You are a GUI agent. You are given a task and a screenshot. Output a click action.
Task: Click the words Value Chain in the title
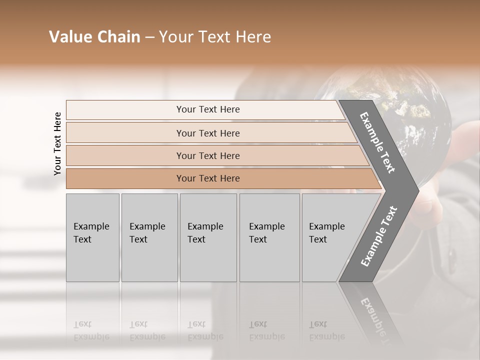(x=94, y=37)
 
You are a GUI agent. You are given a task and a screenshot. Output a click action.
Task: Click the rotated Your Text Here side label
(x=57, y=143)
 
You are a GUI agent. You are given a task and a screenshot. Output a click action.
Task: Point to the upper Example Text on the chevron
(x=377, y=143)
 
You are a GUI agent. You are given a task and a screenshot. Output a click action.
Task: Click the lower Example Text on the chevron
(x=379, y=236)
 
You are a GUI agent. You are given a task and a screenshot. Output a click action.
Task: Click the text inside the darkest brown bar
(x=208, y=178)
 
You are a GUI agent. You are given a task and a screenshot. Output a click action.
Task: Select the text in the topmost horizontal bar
(x=208, y=109)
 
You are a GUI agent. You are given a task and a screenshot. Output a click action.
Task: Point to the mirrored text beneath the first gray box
(x=91, y=330)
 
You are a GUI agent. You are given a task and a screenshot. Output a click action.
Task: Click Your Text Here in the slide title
(x=215, y=37)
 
